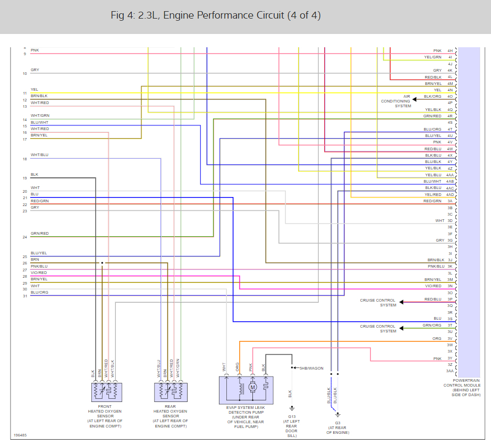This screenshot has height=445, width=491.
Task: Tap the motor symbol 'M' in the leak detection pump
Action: [x=252, y=387]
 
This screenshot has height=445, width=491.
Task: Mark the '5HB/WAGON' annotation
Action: [x=311, y=367]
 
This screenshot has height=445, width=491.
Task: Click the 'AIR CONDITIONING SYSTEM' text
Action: [x=396, y=101]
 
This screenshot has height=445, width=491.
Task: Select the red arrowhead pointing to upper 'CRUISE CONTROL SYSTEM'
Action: [x=402, y=302]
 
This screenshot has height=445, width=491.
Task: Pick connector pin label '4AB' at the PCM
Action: [x=450, y=182]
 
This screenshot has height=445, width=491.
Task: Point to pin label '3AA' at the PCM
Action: [x=450, y=371]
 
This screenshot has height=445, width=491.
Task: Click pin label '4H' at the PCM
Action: [x=450, y=50]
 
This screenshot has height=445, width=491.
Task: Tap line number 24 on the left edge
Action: [x=24, y=237]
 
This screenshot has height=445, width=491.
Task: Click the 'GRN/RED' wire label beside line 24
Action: [x=39, y=234]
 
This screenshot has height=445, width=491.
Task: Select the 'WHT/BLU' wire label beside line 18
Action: [x=39, y=155]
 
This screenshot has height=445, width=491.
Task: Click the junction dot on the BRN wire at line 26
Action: [x=102, y=263]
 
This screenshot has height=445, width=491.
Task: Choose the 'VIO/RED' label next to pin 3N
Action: [x=433, y=286]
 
